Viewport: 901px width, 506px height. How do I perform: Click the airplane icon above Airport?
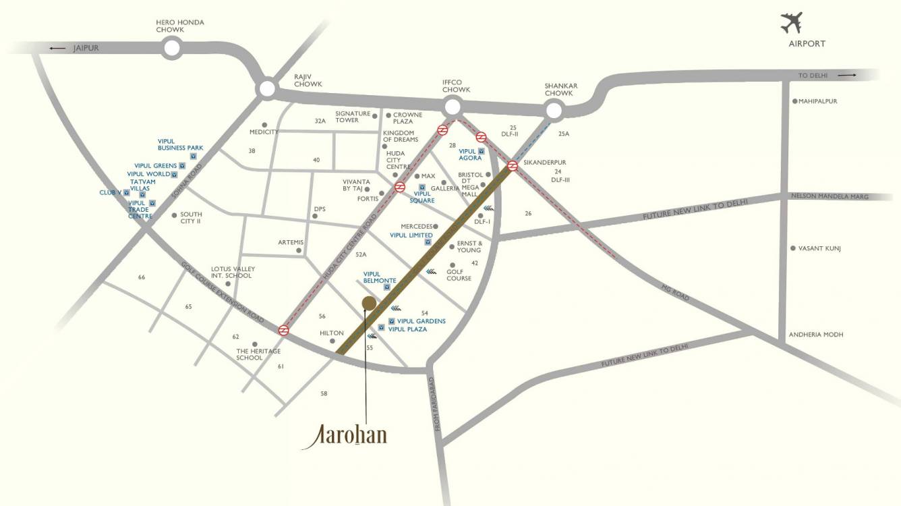point(791,22)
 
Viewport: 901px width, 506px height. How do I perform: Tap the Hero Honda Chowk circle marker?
point(172,47)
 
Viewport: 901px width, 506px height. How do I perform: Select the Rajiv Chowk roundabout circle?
point(267,88)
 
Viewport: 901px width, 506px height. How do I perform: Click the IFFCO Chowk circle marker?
point(453,107)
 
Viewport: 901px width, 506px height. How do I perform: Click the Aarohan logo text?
point(345,435)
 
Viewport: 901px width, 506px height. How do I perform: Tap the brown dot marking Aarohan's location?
point(368,303)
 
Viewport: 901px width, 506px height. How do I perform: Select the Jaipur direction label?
point(86,49)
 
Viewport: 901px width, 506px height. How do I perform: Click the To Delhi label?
point(813,76)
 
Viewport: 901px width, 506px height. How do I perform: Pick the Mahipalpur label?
point(817,101)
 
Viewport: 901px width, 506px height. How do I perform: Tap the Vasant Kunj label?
point(819,248)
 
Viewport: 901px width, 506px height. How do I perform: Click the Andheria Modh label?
point(816,335)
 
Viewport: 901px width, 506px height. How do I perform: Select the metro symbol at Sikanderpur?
point(513,165)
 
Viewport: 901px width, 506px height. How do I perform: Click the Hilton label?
point(331,333)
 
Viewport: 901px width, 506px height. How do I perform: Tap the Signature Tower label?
point(353,117)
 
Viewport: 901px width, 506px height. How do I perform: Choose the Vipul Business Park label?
point(180,144)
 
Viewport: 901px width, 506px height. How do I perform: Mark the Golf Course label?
point(459,275)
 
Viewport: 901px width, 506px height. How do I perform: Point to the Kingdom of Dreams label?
point(401,136)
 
